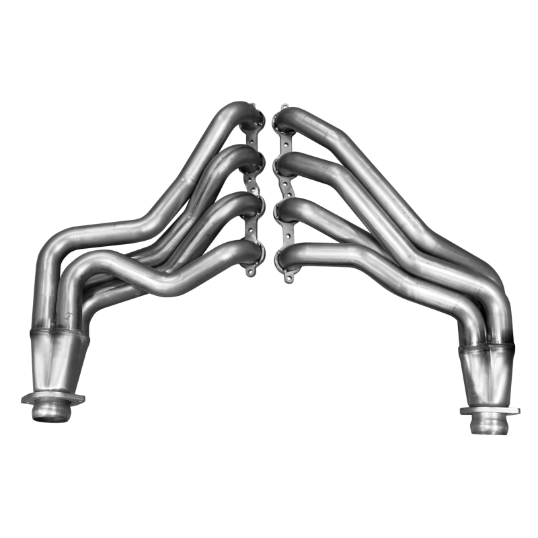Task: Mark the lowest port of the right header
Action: click(x=281, y=254)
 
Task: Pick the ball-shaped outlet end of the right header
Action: click(x=489, y=424)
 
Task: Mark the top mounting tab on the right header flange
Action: click(x=283, y=108)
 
